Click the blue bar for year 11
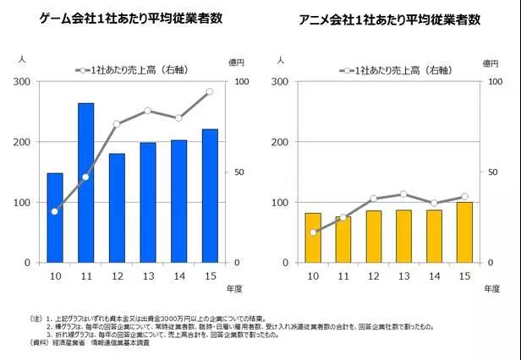pyautogui.click(x=85, y=183)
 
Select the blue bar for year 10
pyautogui.click(x=55, y=218)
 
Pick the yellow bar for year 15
pyautogui.click(x=464, y=232)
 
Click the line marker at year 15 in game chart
pyautogui.click(x=209, y=92)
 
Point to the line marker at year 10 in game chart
pyautogui.click(x=55, y=211)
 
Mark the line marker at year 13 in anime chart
pyautogui.click(x=403, y=194)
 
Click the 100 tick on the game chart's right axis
pyautogui.click(x=239, y=81)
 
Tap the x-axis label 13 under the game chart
pyautogui.click(x=147, y=276)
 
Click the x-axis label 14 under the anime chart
pyautogui.click(x=434, y=276)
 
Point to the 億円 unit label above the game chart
pyautogui.click(x=239, y=60)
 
